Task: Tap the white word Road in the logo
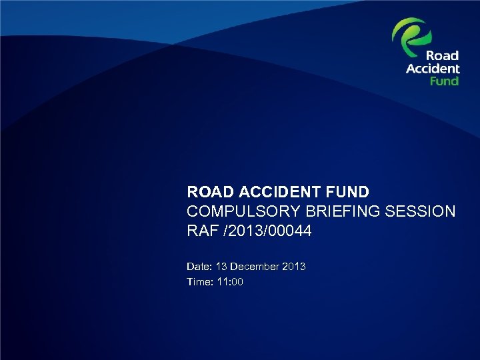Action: point(443,56)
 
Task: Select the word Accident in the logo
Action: point(433,68)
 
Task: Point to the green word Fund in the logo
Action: point(444,80)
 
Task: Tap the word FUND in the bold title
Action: point(345,193)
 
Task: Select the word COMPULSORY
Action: point(241,212)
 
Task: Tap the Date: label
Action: point(199,267)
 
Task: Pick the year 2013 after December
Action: point(294,267)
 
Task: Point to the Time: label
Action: point(199,283)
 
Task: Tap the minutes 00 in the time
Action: point(237,283)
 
